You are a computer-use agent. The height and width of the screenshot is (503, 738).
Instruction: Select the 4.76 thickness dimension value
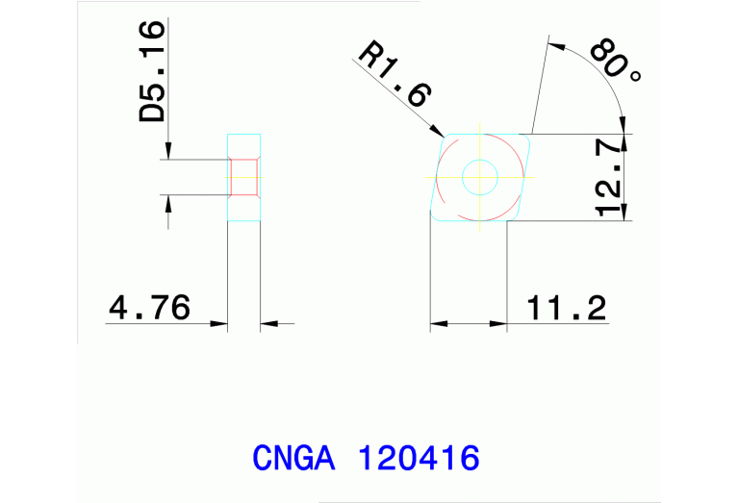[x=150, y=308]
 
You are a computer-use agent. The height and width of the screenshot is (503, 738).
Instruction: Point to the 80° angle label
[x=613, y=63]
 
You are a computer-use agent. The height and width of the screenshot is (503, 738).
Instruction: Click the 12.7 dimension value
[x=609, y=177]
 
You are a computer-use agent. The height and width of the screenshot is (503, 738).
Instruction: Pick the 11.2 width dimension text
[x=567, y=308]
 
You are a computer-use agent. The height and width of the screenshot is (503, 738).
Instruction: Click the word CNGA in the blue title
[x=293, y=458]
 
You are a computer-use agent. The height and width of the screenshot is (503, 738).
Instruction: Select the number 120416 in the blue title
[x=418, y=458]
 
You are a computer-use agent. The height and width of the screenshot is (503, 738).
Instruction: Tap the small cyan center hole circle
[x=479, y=176]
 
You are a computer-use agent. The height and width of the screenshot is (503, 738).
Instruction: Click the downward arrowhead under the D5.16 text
[x=169, y=152]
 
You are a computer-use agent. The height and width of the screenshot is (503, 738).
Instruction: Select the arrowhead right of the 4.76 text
[x=220, y=323]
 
